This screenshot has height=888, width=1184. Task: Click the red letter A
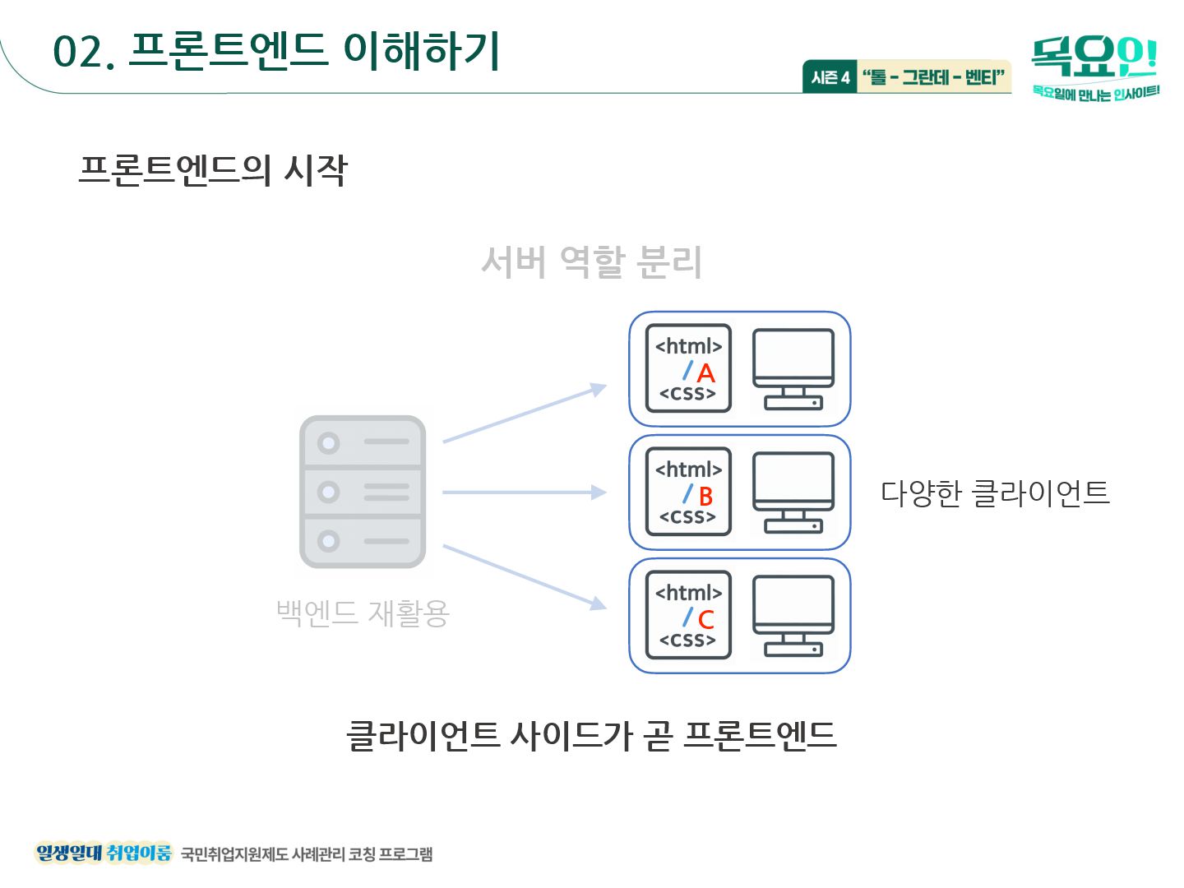tap(705, 374)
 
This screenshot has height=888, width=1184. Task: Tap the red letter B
tap(705, 497)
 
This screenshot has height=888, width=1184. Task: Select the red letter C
tap(705, 620)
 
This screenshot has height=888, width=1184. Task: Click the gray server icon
tap(363, 492)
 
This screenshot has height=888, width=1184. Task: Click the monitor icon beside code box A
tap(793, 369)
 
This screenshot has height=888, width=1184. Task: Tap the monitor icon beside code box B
tap(793, 493)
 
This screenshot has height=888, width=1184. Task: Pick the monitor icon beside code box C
tap(793, 616)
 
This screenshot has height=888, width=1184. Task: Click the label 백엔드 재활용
tap(363, 613)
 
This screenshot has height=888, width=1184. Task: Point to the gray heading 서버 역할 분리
tap(591, 262)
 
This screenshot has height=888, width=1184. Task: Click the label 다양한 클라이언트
tap(995, 493)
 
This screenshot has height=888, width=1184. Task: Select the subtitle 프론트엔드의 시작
tap(213, 170)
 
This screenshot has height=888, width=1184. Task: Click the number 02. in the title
tap(83, 53)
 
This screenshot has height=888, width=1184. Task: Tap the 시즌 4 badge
tap(830, 77)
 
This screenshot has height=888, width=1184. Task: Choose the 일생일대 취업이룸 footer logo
tap(104, 853)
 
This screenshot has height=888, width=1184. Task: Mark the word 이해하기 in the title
tap(421, 51)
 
